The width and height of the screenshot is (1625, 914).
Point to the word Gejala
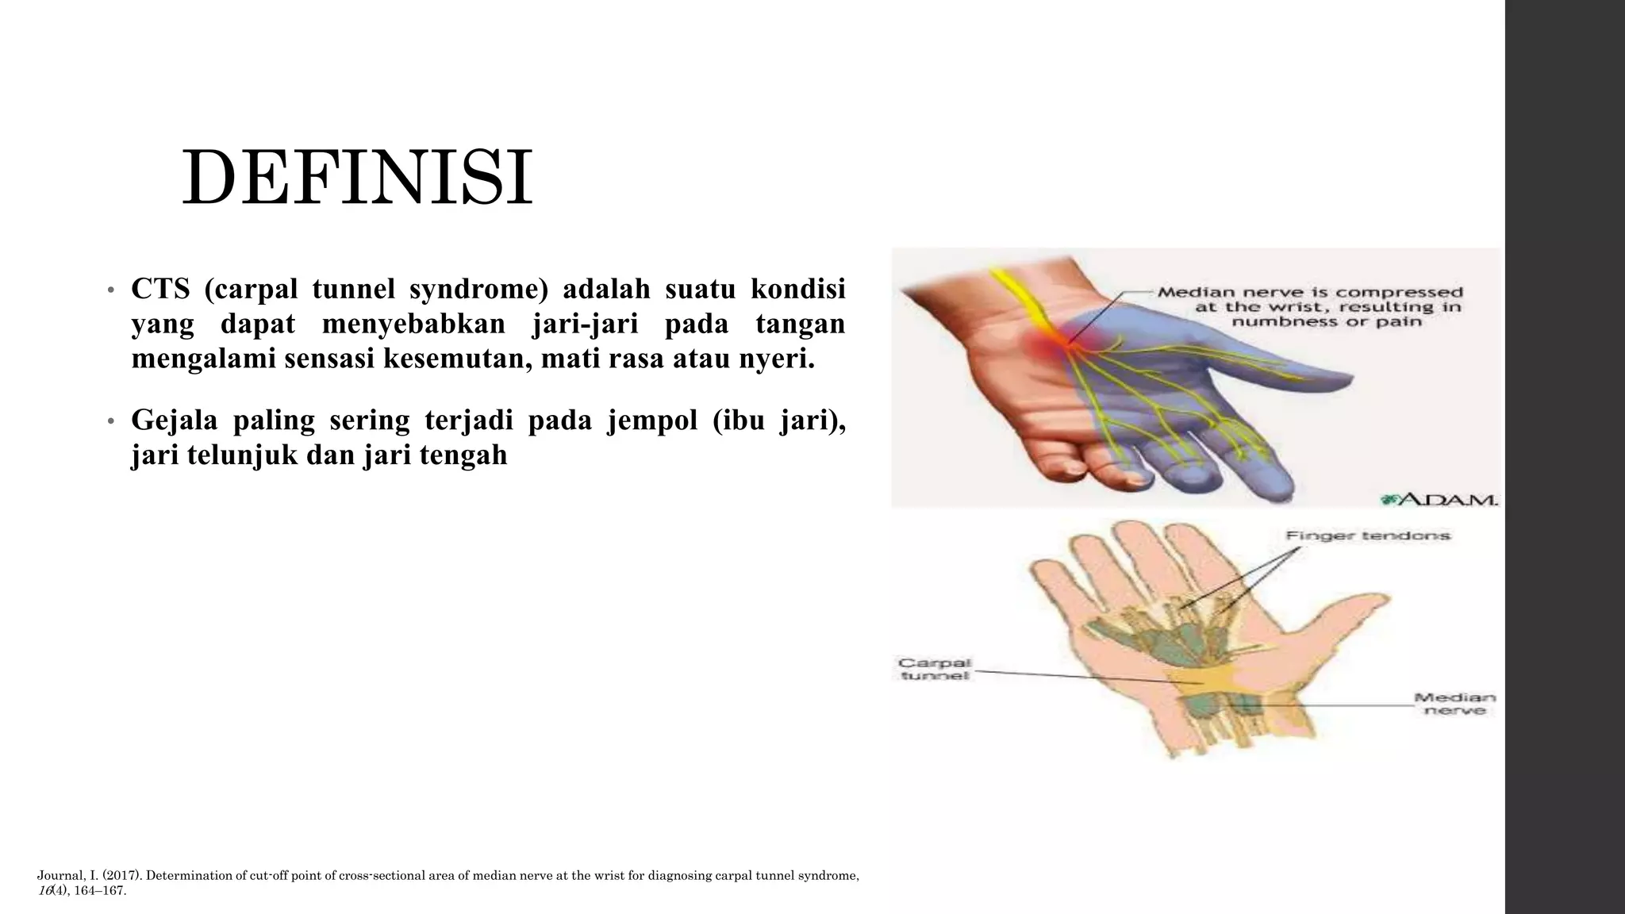pyautogui.click(x=174, y=421)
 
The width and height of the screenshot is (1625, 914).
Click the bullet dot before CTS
pyautogui.click(x=112, y=290)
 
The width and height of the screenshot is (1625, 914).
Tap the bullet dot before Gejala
pyautogui.click(x=112, y=422)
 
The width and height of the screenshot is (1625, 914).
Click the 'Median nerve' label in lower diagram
pyautogui.click(x=1454, y=704)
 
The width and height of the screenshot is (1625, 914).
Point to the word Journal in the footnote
pyautogui.click(x=58, y=877)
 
